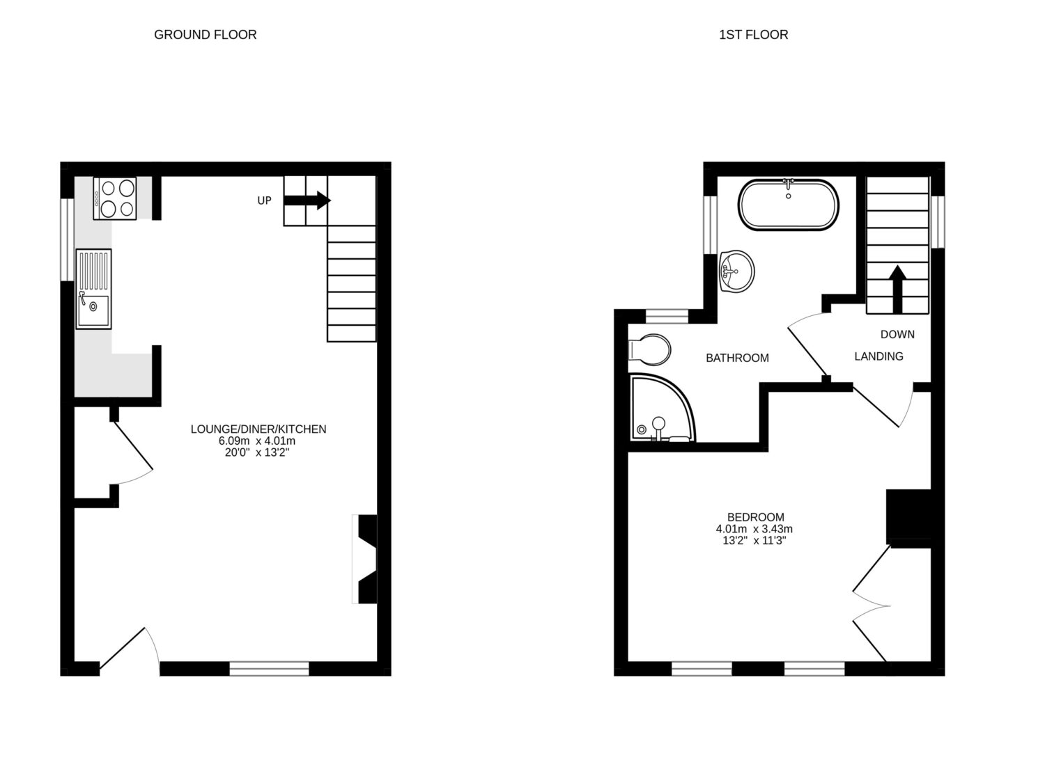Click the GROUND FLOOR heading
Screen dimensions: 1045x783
coord(206,35)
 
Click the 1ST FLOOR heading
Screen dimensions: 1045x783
coord(753,35)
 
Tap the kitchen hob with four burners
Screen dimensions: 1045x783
coord(115,198)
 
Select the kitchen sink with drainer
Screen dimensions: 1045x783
coord(93,289)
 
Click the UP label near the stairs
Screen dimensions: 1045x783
coord(264,200)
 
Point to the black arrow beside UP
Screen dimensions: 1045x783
coord(307,200)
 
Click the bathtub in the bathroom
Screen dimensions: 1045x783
coord(789,205)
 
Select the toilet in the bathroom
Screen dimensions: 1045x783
coord(649,350)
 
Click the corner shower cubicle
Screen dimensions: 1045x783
coord(662,408)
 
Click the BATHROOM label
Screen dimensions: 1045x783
coord(737,358)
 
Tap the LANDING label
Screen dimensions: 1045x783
coord(879,356)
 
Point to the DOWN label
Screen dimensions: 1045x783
coord(897,335)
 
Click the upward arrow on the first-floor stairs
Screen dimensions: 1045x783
coord(897,289)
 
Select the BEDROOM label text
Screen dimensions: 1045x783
coord(756,516)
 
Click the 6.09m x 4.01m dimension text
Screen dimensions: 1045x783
coord(257,441)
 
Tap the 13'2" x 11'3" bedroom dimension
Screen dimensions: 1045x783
coord(754,540)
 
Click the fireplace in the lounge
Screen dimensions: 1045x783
coord(365,559)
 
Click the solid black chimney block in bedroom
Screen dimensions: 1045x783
coord(908,516)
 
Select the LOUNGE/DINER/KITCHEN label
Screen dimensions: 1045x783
coord(258,429)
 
